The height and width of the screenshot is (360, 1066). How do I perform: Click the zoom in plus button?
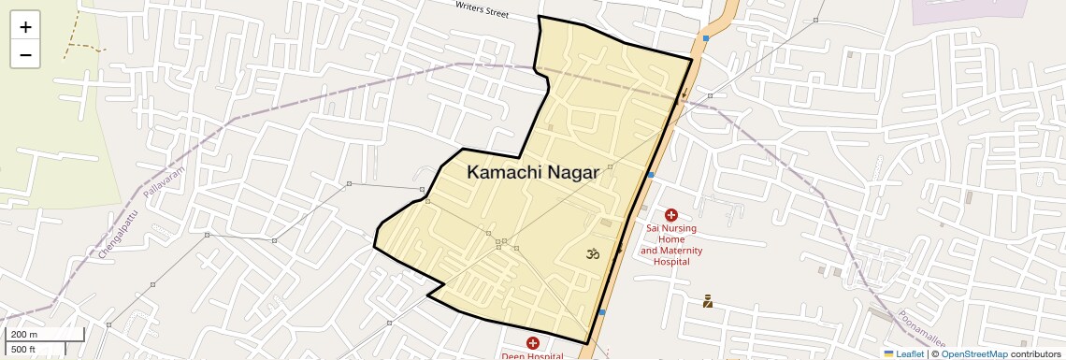[x=25, y=27]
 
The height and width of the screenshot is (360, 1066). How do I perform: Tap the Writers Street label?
[x=482, y=9]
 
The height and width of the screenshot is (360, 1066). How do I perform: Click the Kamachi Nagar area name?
[x=533, y=173]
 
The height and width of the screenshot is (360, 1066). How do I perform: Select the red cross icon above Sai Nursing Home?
[x=671, y=215]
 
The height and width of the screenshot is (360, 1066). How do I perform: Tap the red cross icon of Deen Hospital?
[x=532, y=343]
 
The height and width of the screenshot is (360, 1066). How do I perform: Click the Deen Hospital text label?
[x=532, y=356]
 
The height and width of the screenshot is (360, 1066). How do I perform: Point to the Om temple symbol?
[x=592, y=253]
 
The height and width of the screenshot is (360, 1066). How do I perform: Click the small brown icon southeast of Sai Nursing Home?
[x=708, y=301]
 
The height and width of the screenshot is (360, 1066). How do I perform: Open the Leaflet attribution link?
[x=903, y=353]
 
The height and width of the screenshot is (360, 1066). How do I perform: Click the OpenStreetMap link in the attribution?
[x=973, y=353]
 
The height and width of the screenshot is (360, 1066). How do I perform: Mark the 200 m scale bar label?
[x=24, y=335]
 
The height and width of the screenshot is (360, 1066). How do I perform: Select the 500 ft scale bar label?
[x=24, y=350]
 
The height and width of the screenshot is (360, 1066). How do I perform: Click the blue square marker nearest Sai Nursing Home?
[x=650, y=175]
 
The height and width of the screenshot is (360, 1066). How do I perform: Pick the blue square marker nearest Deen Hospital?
[x=602, y=311]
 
